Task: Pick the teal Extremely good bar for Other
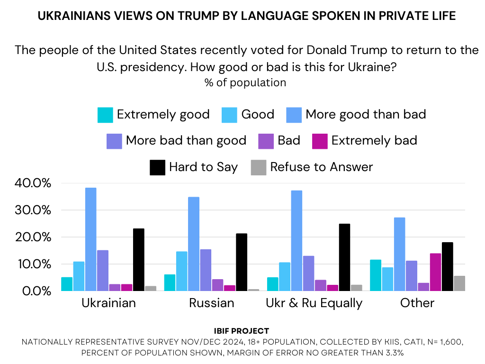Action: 376,275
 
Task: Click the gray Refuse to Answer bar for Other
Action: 459,283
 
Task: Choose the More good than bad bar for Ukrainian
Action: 91,239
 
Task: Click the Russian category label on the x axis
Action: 211,303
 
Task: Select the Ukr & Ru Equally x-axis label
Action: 314,303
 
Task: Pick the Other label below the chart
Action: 417,303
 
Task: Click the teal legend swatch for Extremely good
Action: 105,115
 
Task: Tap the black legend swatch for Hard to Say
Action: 157,167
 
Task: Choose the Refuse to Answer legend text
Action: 321,167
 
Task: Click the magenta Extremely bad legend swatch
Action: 320,141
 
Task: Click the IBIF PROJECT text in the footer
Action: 242,331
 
